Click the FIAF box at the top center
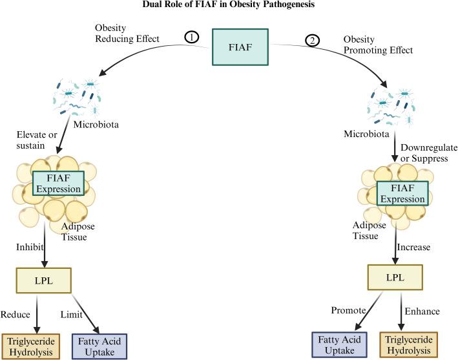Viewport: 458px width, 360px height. click(x=240, y=47)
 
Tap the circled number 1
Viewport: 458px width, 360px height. click(x=191, y=37)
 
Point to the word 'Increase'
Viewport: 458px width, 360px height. click(x=413, y=247)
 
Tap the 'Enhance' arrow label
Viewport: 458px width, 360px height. click(x=422, y=312)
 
